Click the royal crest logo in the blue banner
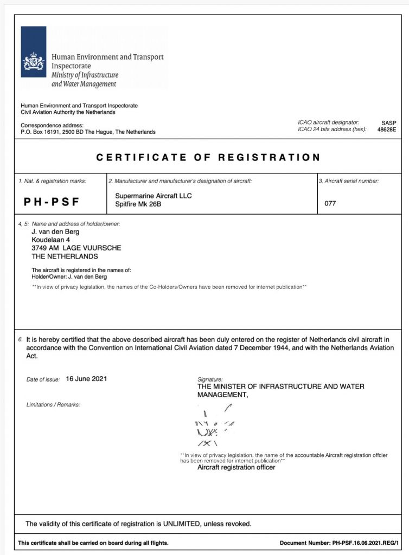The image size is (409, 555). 34,64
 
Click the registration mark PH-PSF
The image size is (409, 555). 52,202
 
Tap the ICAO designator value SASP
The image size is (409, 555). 389,123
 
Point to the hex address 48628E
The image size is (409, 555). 387,130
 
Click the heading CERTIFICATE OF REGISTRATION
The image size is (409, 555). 208,158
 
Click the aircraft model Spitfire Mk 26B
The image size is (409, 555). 140,203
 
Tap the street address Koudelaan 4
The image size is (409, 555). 50,240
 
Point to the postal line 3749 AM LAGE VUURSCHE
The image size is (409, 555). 76,248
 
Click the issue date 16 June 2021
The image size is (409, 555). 86,378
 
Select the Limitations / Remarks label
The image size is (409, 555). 53,404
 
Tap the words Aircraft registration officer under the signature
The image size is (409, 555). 236,467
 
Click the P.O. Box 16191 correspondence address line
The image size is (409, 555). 88,132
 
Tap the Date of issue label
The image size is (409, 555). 43,379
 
